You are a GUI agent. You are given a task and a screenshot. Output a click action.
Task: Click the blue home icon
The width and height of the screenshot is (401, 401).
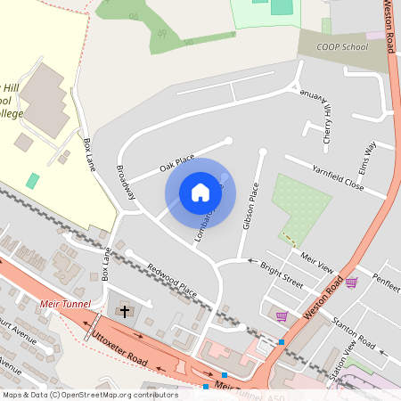click(x=200, y=192)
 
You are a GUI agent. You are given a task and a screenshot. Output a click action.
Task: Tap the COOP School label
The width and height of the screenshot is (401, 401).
click(x=341, y=46)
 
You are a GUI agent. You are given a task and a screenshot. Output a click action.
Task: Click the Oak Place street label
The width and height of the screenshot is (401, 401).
click(x=176, y=161)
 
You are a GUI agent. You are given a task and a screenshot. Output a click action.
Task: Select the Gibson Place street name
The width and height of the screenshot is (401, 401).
click(x=250, y=206)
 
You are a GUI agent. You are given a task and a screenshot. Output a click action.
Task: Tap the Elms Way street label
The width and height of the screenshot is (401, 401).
click(x=369, y=158)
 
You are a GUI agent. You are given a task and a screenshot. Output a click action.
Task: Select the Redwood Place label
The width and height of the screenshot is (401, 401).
click(x=172, y=280)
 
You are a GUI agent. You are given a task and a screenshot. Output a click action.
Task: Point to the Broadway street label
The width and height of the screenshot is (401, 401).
click(x=127, y=183)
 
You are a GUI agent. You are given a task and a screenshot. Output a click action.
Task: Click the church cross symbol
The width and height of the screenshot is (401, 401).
click(x=125, y=312)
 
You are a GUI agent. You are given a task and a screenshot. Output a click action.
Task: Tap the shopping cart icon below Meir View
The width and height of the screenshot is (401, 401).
click(x=351, y=282)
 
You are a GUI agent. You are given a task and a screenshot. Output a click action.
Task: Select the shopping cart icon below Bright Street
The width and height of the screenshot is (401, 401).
click(x=282, y=315)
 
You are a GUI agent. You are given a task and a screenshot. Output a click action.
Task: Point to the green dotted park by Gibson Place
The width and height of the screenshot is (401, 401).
click(x=301, y=207)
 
